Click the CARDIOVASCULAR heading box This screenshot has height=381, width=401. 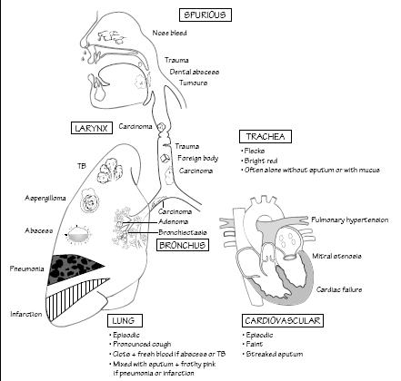[x=282, y=321]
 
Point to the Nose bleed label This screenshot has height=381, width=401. [x=173, y=34]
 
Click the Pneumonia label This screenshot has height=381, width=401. [x=25, y=269]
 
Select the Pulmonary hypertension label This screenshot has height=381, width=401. [x=349, y=220]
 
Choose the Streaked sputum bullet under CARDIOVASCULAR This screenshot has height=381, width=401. [x=278, y=352]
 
